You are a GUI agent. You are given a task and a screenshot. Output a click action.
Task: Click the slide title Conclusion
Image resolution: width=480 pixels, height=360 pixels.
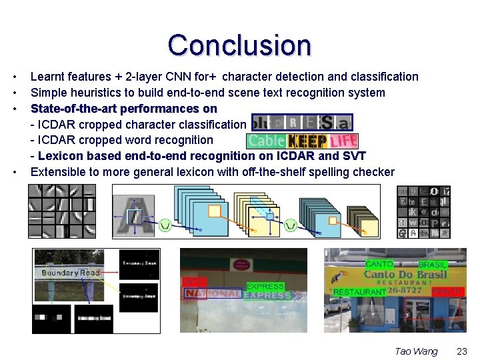tap(239, 45)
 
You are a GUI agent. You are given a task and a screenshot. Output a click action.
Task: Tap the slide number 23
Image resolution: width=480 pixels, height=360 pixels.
tap(461, 351)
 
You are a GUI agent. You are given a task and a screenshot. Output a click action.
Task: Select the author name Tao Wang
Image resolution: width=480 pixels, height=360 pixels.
tap(416, 351)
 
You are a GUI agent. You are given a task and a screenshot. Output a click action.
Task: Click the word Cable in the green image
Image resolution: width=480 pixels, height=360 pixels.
tap(267, 141)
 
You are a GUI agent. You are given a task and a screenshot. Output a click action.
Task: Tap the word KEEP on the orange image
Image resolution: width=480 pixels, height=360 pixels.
tap(307, 141)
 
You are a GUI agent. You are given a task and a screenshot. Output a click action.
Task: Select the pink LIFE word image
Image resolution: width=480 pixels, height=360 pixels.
tap(343, 141)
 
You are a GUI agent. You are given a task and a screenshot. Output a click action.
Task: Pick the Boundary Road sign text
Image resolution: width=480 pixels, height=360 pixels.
tap(71, 273)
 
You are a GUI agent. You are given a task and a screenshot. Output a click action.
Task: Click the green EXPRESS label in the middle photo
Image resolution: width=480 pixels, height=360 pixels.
tap(265, 287)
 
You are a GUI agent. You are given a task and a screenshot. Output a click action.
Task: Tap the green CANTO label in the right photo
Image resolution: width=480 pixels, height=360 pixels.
tap(379, 265)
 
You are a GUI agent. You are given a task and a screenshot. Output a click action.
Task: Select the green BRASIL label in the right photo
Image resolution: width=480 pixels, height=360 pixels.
tap(433, 265)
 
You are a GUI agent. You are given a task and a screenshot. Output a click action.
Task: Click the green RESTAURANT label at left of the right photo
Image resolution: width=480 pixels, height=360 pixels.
tap(359, 292)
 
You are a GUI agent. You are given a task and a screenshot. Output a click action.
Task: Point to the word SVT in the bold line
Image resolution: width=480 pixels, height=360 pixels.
tap(354, 156)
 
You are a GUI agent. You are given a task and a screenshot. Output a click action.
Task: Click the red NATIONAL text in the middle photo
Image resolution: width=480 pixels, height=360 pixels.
tap(213, 294)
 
